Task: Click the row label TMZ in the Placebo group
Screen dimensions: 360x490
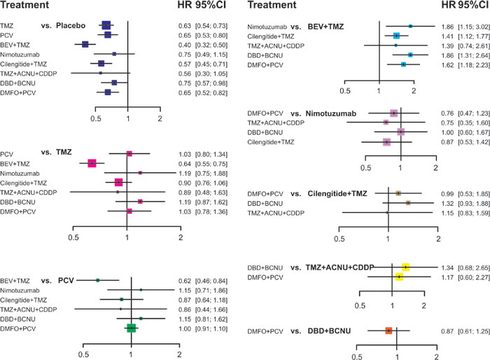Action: [x=8, y=26]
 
